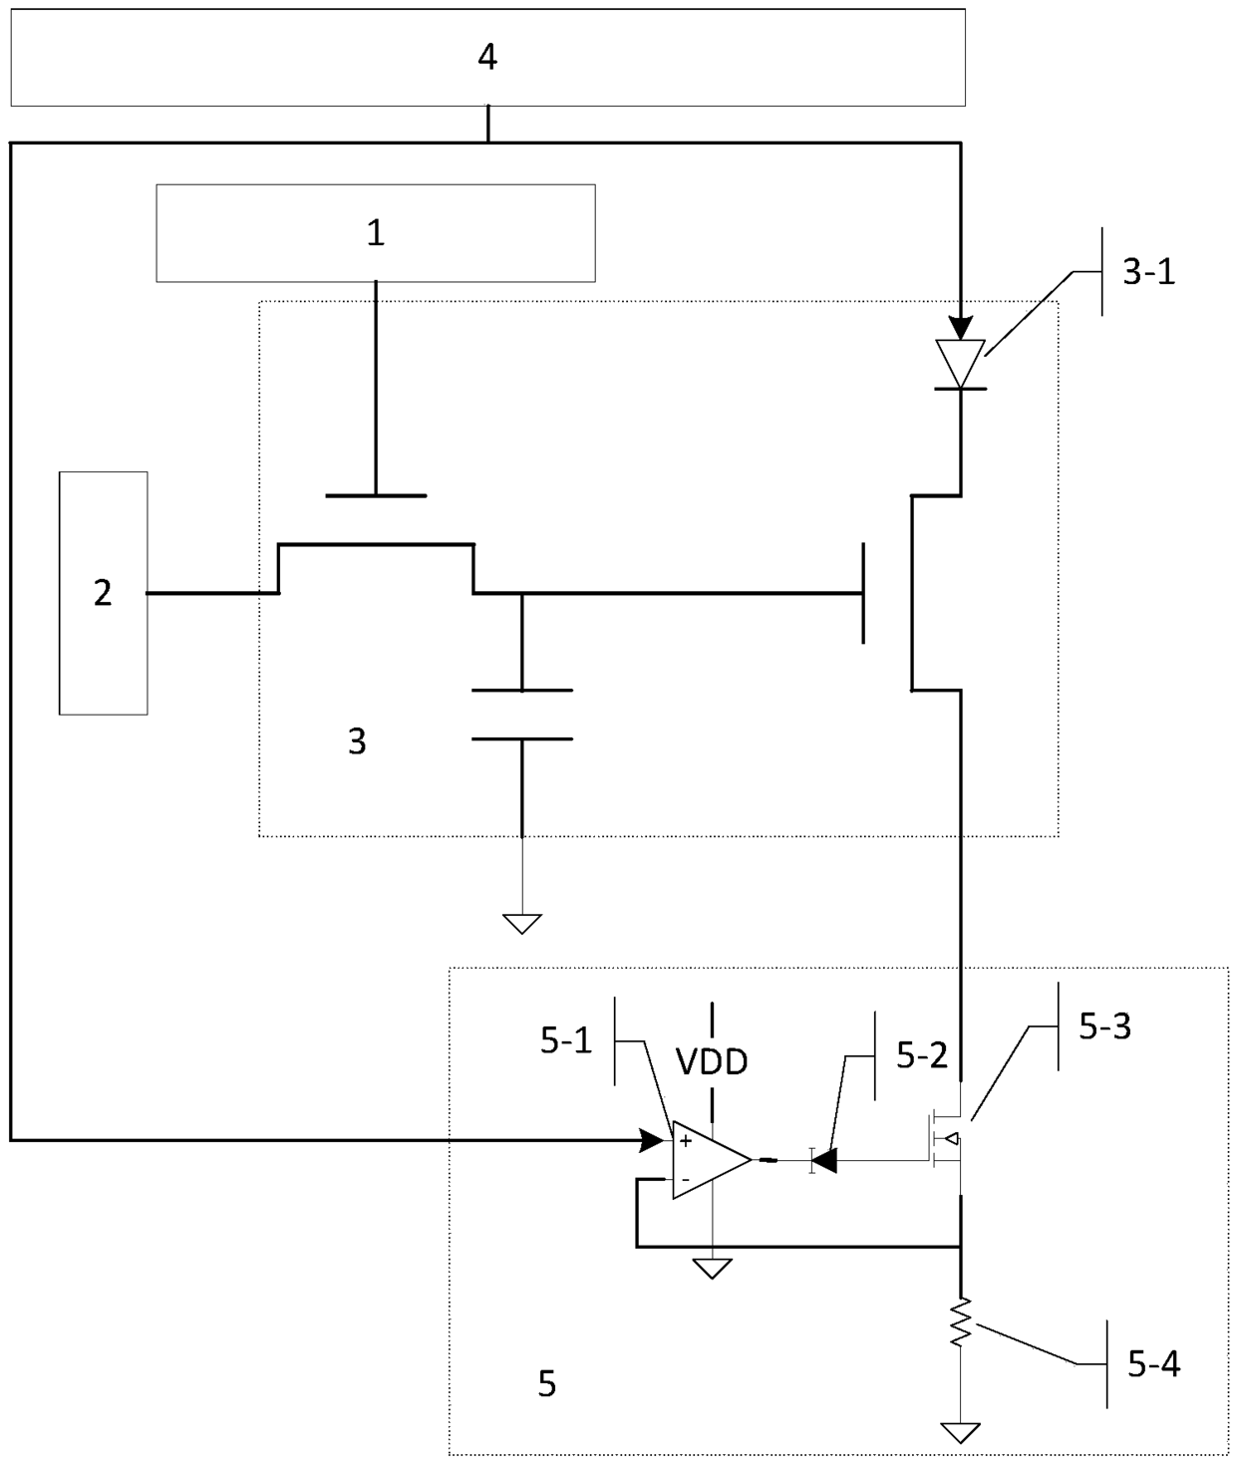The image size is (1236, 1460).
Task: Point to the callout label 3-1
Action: click(x=1149, y=272)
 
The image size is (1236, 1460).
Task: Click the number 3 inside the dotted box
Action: click(x=357, y=741)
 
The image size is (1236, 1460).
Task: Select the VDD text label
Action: click(x=712, y=1062)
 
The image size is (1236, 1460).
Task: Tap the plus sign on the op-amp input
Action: click(x=685, y=1141)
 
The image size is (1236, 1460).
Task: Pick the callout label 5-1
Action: click(x=566, y=1040)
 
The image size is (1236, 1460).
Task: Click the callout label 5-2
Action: click(x=922, y=1055)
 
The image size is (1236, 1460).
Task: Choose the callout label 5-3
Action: click(x=1104, y=1026)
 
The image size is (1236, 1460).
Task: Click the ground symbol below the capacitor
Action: click(x=522, y=924)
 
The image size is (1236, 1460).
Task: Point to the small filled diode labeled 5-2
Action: click(x=824, y=1160)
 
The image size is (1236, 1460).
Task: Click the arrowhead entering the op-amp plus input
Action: click(x=652, y=1140)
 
